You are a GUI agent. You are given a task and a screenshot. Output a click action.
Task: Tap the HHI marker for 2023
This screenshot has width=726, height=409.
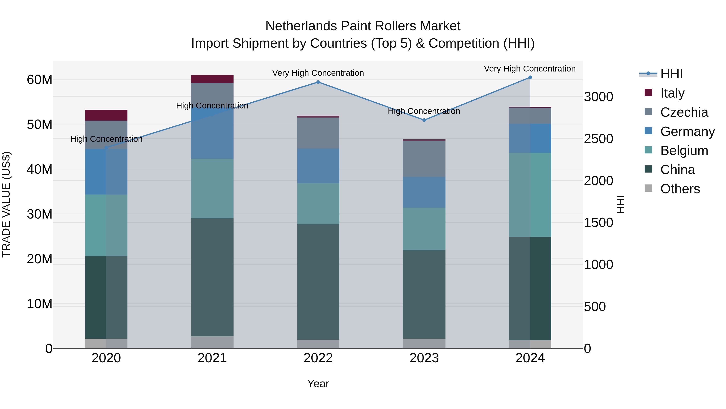[424, 120]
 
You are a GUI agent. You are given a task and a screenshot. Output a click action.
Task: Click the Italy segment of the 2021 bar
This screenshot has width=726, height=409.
[212, 79]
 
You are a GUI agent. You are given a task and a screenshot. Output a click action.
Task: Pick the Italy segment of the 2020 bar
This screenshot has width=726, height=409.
[106, 115]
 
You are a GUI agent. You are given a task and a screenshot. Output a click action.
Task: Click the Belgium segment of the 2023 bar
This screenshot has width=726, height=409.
[424, 229]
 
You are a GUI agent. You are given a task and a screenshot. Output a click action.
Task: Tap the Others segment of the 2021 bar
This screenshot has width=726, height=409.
[212, 342]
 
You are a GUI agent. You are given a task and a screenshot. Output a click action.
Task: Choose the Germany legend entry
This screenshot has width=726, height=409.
[687, 131]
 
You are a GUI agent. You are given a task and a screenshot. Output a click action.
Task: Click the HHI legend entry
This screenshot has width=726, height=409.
[671, 74]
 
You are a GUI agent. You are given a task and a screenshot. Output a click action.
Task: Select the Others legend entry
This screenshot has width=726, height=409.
[680, 189]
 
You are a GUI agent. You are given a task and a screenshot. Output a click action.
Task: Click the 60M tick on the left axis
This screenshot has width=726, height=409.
[40, 80]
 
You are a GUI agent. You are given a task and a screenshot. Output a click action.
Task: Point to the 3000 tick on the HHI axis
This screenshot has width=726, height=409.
[598, 97]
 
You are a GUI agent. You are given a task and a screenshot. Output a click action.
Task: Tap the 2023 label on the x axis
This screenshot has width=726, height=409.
[424, 358]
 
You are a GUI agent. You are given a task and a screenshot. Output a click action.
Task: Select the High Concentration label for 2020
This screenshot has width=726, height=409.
[106, 139]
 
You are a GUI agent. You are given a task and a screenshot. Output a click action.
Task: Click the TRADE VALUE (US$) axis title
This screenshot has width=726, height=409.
[6, 204]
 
